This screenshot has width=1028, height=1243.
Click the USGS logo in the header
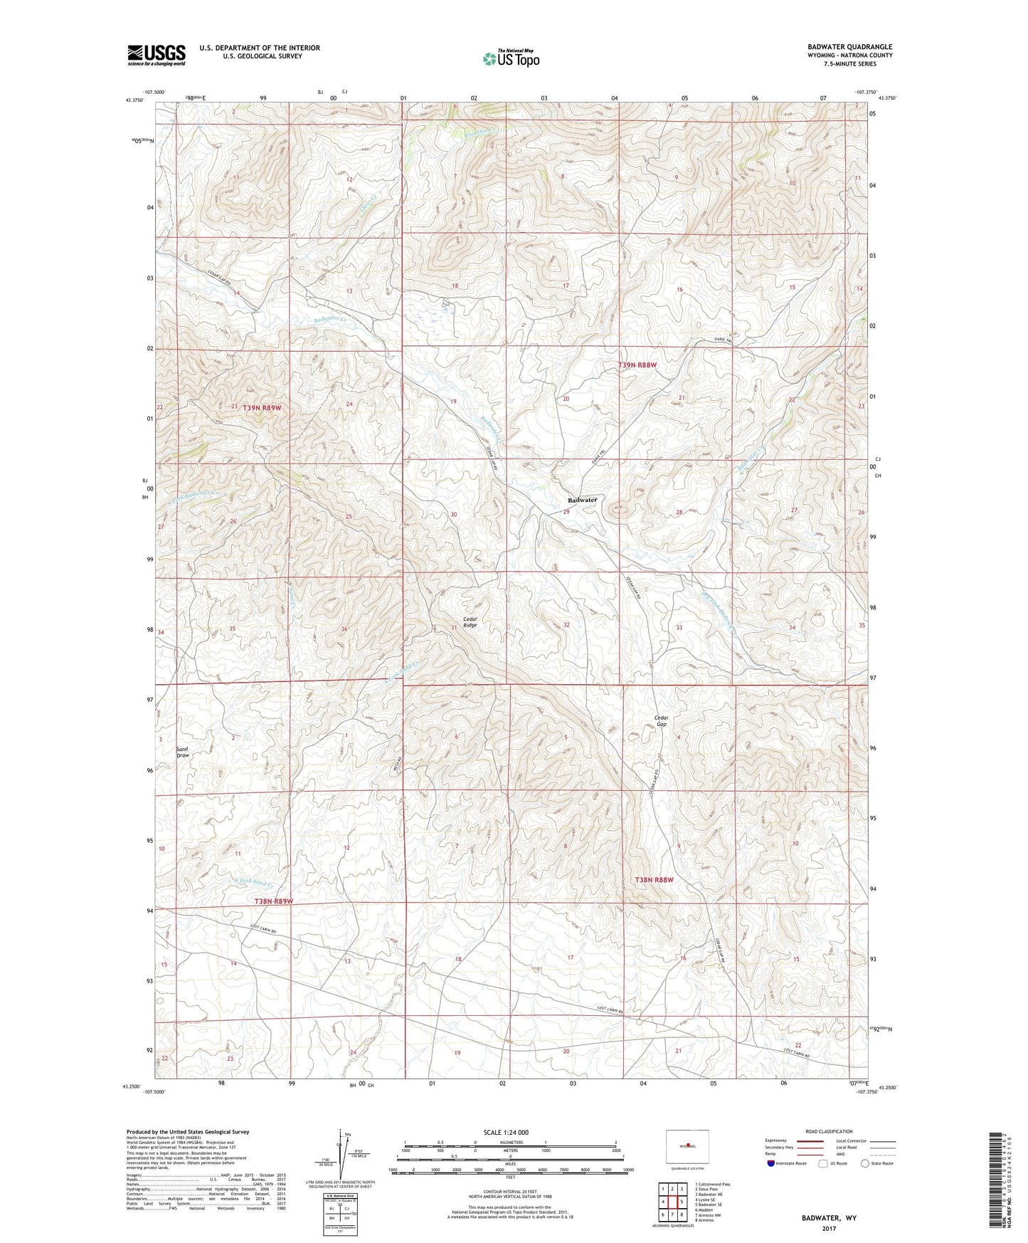[156, 55]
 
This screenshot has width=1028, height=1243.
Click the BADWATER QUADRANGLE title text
[849, 47]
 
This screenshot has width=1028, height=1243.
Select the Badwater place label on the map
[583, 500]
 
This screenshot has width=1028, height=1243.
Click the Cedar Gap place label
[662, 720]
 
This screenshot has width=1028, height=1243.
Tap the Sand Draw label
[183, 752]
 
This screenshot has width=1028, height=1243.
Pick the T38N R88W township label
[653, 880]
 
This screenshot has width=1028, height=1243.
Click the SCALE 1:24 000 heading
[506, 1132]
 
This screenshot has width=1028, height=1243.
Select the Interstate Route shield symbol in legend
[772, 1163]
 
